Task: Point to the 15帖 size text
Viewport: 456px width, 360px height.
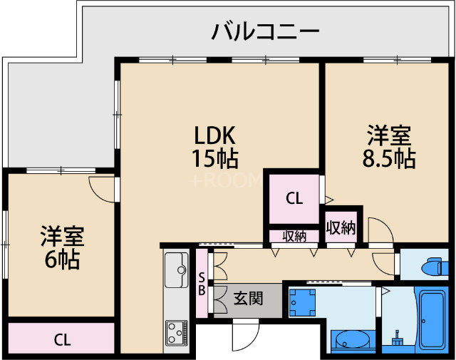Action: [x=214, y=158]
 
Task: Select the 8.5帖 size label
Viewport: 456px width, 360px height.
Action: [x=389, y=158]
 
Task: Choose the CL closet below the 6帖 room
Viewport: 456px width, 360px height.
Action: [x=63, y=339]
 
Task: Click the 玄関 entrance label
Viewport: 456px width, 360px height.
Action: [x=248, y=298]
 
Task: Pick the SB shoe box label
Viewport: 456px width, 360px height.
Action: [x=202, y=283]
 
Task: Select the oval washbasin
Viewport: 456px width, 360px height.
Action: [x=349, y=341]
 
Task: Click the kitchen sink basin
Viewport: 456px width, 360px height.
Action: [x=175, y=270]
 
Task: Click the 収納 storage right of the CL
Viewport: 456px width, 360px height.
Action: [x=341, y=227]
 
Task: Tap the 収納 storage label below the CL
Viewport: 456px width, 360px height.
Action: [x=294, y=236]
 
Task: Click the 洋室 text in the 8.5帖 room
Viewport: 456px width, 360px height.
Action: [x=389, y=134]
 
